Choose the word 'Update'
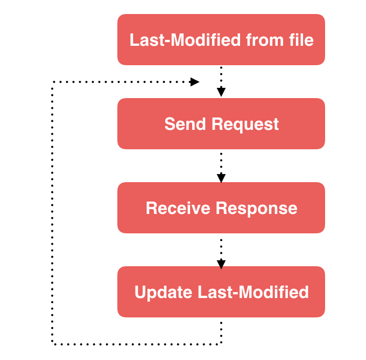coord(163,292)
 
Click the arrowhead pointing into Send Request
coord(221,93)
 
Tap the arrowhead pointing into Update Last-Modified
coord(221,264)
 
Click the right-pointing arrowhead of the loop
coord(194,82)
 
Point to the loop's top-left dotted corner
coord(52,82)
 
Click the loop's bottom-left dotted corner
coord(52,343)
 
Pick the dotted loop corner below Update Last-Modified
coord(221,343)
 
